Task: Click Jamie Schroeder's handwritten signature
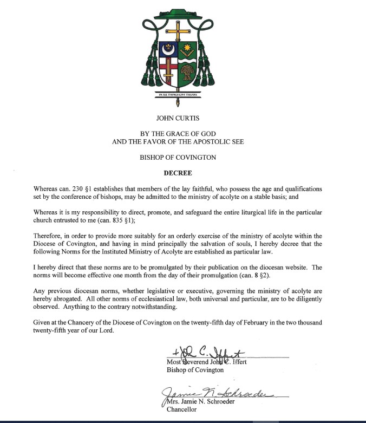(x=211, y=394)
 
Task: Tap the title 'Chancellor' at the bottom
(x=182, y=410)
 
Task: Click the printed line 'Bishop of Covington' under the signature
(x=195, y=370)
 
